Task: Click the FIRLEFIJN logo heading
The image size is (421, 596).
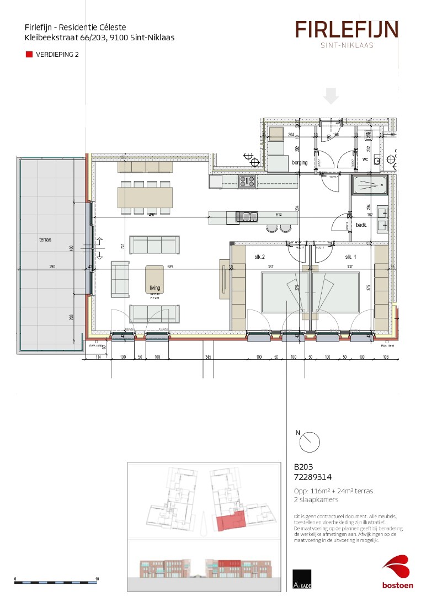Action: tap(347, 29)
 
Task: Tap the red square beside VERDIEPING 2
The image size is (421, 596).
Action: tap(29, 55)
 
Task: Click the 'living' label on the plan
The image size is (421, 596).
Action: tap(154, 288)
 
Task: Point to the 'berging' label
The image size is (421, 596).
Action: tap(284, 163)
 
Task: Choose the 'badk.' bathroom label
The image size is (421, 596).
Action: tap(361, 225)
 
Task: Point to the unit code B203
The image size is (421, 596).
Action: tap(303, 466)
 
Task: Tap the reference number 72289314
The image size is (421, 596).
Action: tap(313, 477)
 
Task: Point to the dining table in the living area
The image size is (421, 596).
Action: tap(145, 197)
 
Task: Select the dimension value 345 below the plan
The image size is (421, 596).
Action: tap(208, 358)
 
